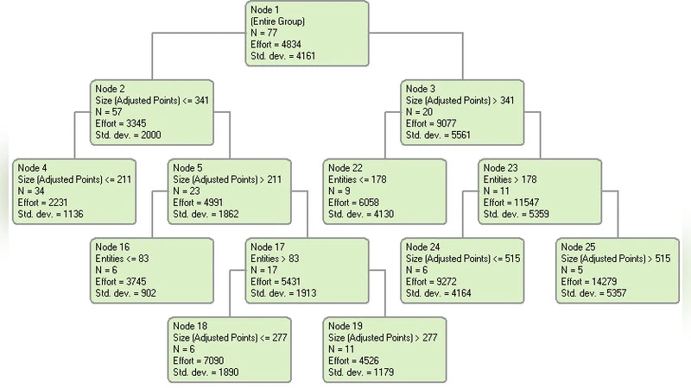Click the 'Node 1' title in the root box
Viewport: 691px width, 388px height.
pos(265,9)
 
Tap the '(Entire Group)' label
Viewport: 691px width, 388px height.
pos(278,21)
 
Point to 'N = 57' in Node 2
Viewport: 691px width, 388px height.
pos(111,112)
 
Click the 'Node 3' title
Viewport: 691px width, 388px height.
pos(421,89)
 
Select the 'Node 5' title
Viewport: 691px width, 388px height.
pos(187,167)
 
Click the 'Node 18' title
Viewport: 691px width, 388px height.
pos(190,326)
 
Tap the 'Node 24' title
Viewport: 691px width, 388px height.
pos(423,247)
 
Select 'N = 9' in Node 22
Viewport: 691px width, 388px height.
pos(339,191)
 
